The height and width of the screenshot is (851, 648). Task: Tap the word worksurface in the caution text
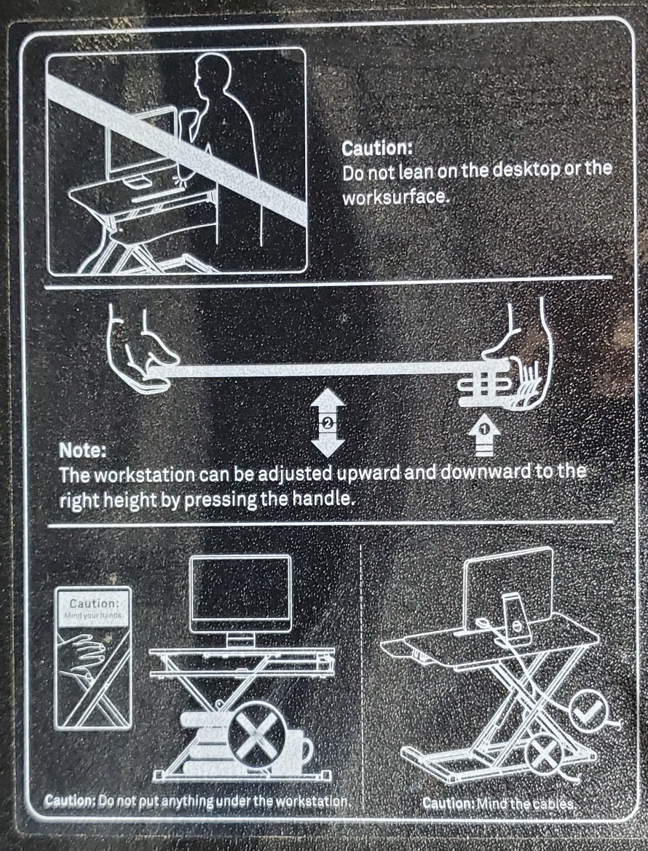coord(395,197)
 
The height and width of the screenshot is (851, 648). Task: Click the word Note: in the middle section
coord(82,450)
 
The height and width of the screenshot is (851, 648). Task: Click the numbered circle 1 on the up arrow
coord(485,429)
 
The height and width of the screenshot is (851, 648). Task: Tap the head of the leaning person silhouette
coord(212,75)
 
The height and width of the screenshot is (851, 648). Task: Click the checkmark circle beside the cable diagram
coord(588,711)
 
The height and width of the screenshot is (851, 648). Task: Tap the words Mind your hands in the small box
coord(94,615)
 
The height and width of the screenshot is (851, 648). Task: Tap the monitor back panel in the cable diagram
coord(509,585)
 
